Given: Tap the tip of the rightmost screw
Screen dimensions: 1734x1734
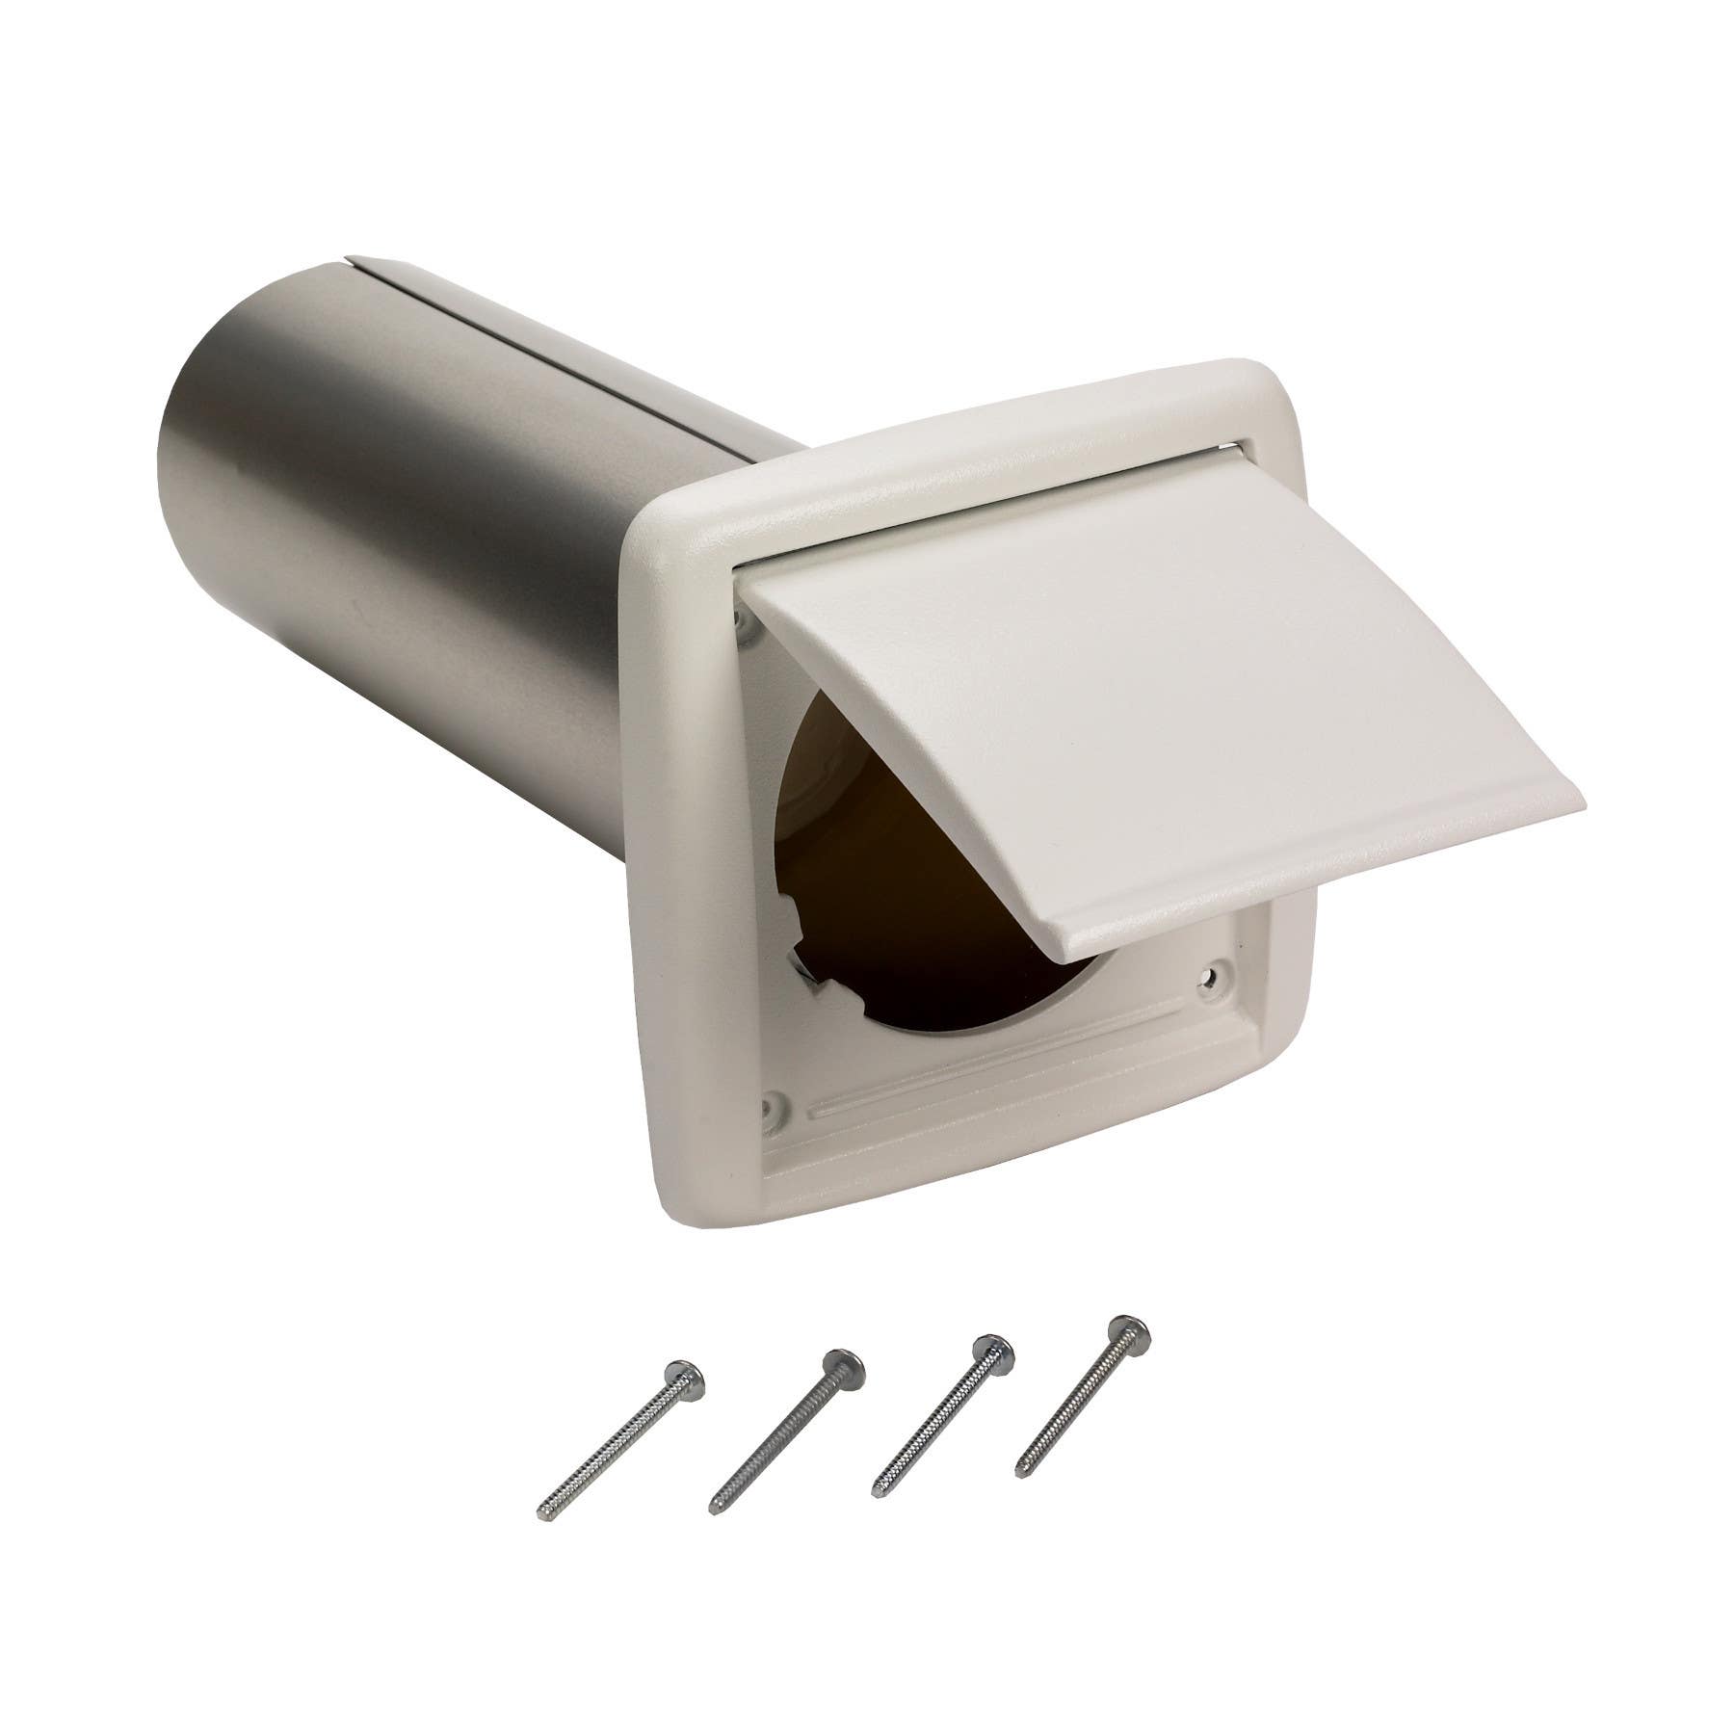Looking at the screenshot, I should pos(1020,1468).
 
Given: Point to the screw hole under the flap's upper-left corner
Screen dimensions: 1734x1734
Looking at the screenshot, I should pos(745,627).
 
